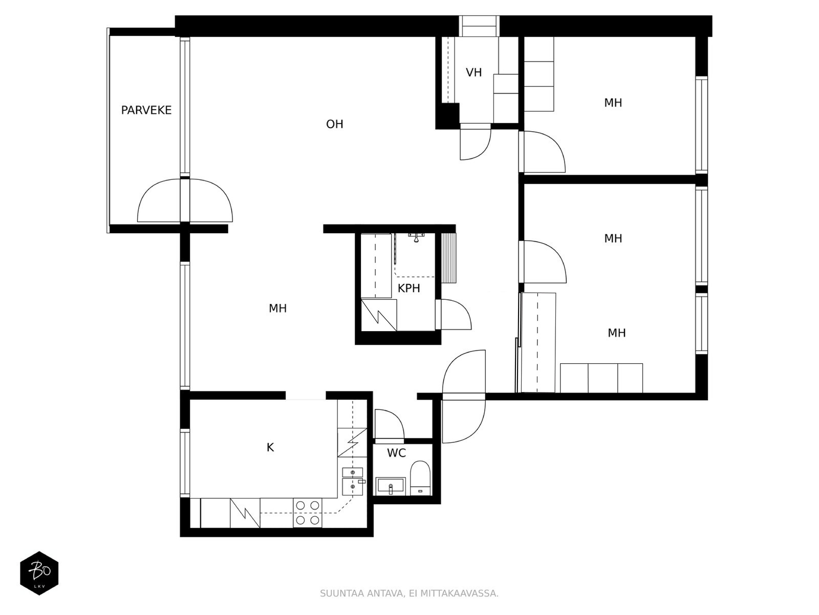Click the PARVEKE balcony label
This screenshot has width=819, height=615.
click(x=146, y=110)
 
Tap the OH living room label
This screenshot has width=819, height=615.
click(x=334, y=124)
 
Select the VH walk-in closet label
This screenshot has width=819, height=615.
click(x=473, y=72)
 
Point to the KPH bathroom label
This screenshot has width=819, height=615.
click(x=408, y=288)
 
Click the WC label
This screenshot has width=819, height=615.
click(x=396, y=453)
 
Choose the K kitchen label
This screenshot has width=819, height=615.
click(x=270, y=447)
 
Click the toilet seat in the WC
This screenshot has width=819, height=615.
click(x=420, y=478)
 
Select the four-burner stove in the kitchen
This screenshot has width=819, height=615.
click(x=308, y=512)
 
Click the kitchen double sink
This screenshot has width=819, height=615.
click(x=353, y=481)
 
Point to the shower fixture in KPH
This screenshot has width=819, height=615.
click(x=416, y=237)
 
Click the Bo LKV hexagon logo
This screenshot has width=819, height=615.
click(x=39, y=573)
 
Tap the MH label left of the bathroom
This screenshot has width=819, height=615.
click(x=277, y=309)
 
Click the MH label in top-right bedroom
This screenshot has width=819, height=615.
click(x=613, y=102)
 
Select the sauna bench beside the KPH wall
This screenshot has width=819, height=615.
click(x=448, y=258)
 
